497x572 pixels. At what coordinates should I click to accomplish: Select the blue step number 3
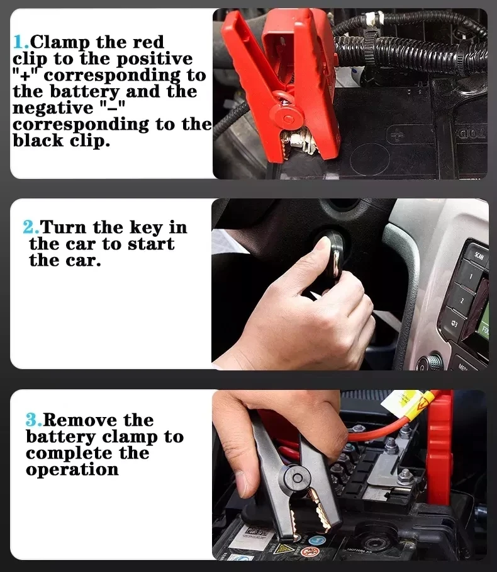(x=33, y=420)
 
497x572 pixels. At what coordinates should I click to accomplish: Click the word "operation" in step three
(x=72, y=469)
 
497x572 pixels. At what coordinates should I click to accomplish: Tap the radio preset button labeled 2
(x=462, y=302)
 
